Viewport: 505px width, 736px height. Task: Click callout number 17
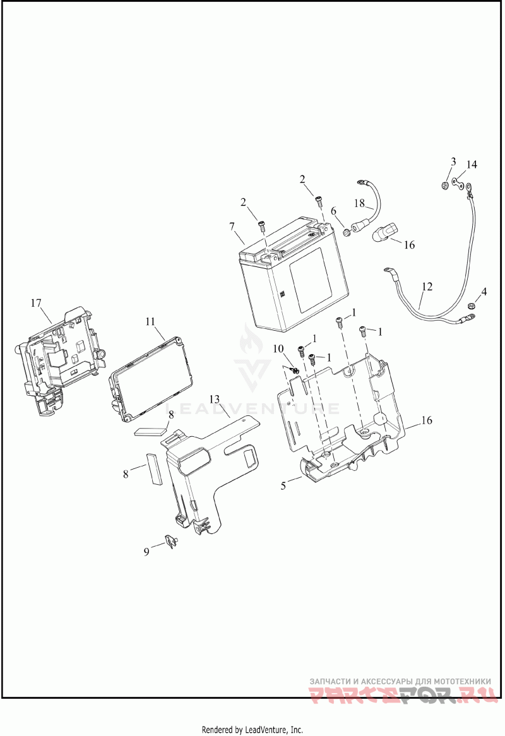click(36, 304)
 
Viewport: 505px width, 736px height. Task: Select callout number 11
click(150, 321)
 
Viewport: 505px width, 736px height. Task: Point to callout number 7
click(232, 226)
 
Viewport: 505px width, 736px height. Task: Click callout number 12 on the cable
click(427, 287)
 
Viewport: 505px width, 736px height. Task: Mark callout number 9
click(146, 551)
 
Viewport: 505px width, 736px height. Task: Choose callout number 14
click(472, 165)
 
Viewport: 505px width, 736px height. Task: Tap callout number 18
click(359, 203)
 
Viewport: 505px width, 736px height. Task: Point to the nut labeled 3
click(445, 186)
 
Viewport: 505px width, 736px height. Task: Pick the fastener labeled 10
click(294, 369)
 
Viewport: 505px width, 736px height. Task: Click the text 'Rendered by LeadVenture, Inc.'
click(252, 729)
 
